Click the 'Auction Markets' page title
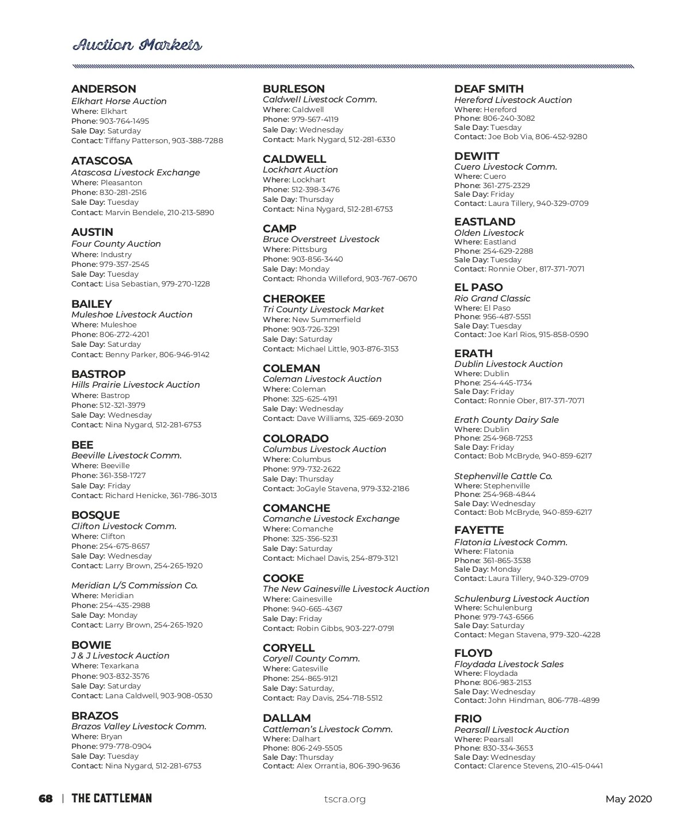point(137,45)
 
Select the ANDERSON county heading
point(103,89)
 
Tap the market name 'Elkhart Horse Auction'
point(119,101)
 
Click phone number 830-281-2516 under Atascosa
point(122,193)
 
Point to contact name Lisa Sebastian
point(132,284)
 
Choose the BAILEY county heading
point(91,304)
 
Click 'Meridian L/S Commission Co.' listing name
point(135,586)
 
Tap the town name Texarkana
point(120,666)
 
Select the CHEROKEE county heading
point(294,299)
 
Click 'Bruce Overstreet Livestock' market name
point(321,239)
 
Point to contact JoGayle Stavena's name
point(327,489)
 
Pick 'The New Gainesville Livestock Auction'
point(346,589)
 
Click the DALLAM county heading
point(286,718)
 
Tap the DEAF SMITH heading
point(489,89)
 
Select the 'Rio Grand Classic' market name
point(492,299)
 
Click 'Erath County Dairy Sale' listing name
point(506,420)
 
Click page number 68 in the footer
point(45,799)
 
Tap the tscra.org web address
point(345,799)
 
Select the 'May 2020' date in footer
point(628,799)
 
